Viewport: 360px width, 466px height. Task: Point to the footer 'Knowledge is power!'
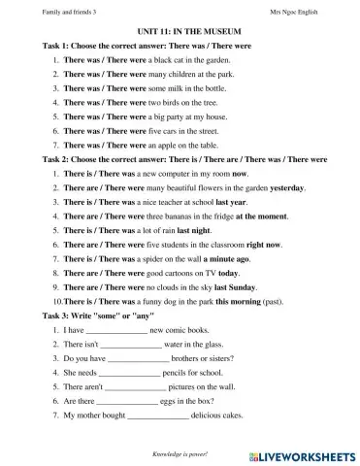[x=180, y=453]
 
